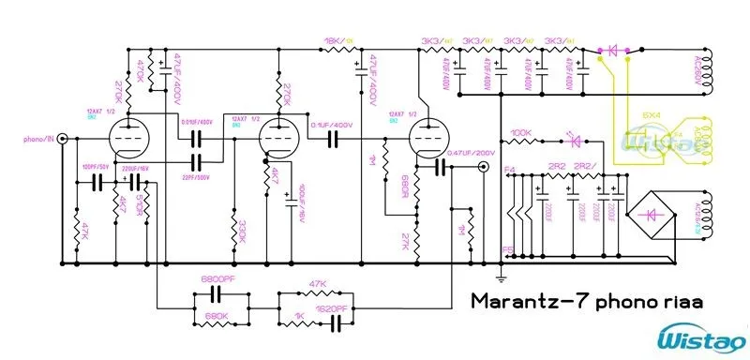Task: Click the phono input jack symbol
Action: tap(62, 140)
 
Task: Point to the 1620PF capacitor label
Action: tap(328, 307)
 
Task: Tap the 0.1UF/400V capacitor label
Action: tap(330, 125)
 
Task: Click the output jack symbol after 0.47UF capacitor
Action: tap(483, 167)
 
